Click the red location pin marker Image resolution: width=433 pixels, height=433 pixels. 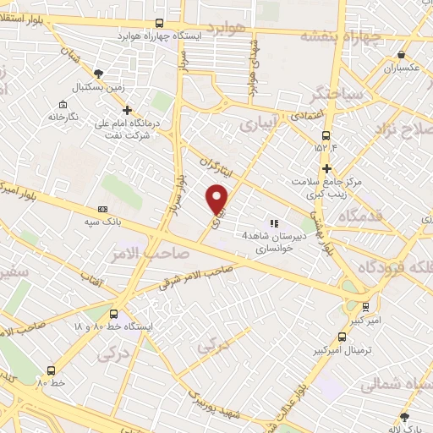(218, 198)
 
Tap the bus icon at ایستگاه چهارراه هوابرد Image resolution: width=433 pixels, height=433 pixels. (161, 24)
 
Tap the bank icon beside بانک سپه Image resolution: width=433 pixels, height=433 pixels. (103, 209)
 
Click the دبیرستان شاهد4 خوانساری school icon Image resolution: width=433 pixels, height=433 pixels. (273, 223)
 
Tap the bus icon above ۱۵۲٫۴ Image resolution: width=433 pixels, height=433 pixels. (326, 135)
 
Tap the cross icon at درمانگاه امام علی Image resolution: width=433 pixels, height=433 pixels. (128, 109)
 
